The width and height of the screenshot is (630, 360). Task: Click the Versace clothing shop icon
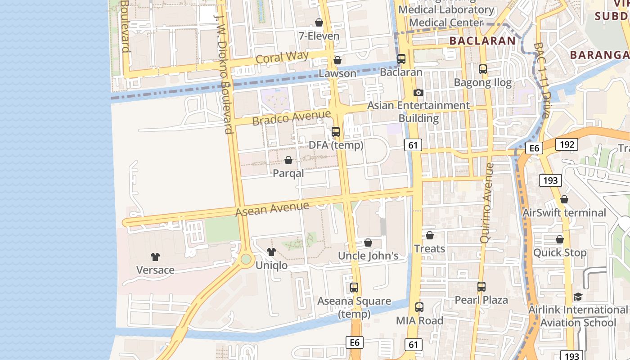155,257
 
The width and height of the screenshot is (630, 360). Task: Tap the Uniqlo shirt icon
271,252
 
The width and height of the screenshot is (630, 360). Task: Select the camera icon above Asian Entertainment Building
418,92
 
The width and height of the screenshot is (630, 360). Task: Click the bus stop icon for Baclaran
401,59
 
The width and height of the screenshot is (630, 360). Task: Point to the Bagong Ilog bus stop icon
483,69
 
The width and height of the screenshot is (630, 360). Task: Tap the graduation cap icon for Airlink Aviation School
578,297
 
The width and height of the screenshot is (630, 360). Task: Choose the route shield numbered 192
567,144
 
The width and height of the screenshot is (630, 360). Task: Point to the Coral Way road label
282,57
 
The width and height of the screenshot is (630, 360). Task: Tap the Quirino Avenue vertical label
487,202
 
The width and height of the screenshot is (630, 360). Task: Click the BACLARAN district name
482,40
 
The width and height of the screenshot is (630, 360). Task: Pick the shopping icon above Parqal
288,160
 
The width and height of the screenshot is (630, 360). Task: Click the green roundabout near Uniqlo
246,259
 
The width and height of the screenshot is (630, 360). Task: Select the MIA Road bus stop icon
419,307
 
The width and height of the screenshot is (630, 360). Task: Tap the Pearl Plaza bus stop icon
481,287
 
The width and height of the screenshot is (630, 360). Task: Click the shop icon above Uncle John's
368,243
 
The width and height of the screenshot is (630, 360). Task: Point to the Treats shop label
429,248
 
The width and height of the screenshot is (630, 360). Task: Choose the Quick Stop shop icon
560,239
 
